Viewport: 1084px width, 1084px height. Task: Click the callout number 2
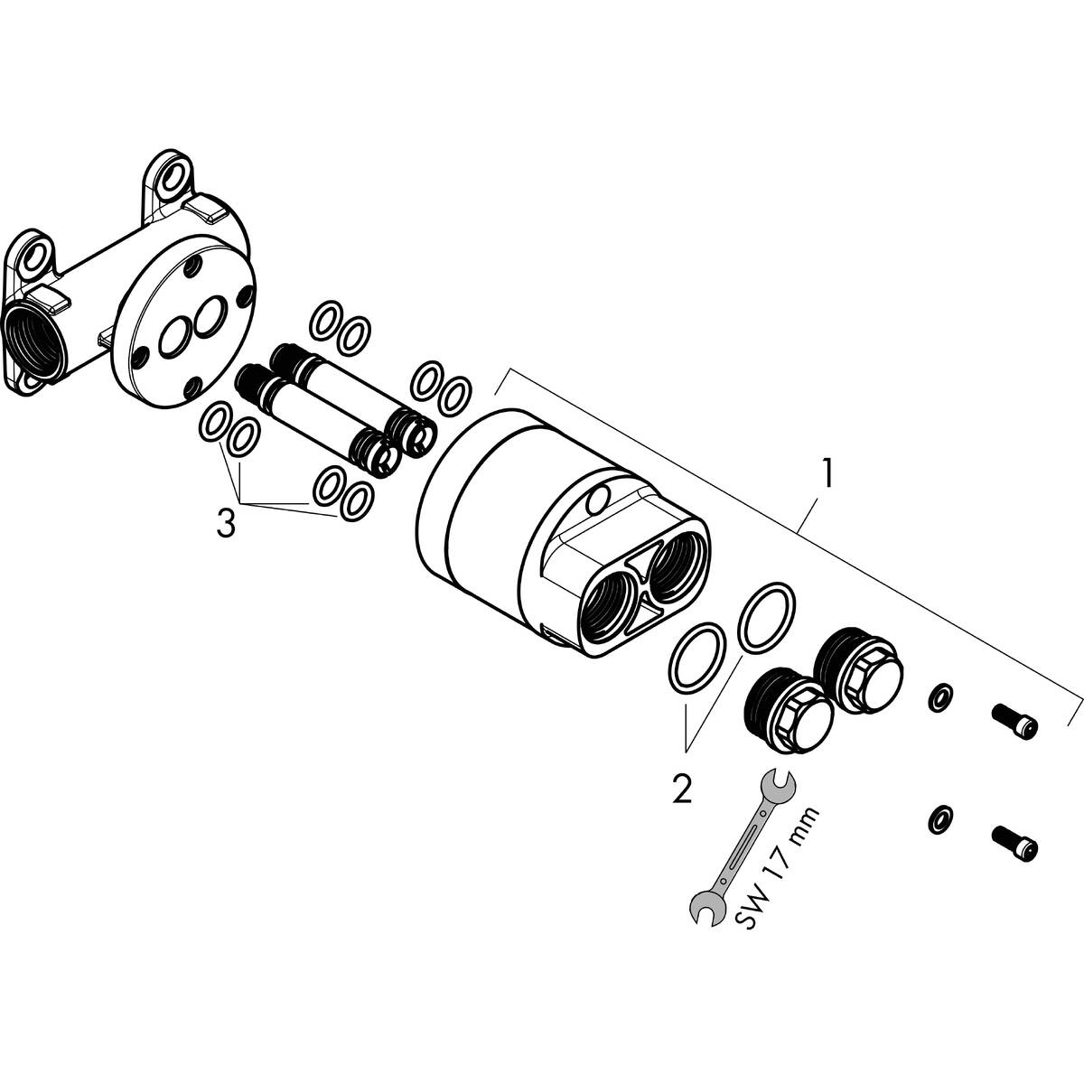(x=681, y=789)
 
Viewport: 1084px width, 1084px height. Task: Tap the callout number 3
(x=226, y=524)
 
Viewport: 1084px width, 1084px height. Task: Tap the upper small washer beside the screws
(x=940, y=697)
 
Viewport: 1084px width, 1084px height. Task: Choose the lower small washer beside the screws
(x=940, y=819)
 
